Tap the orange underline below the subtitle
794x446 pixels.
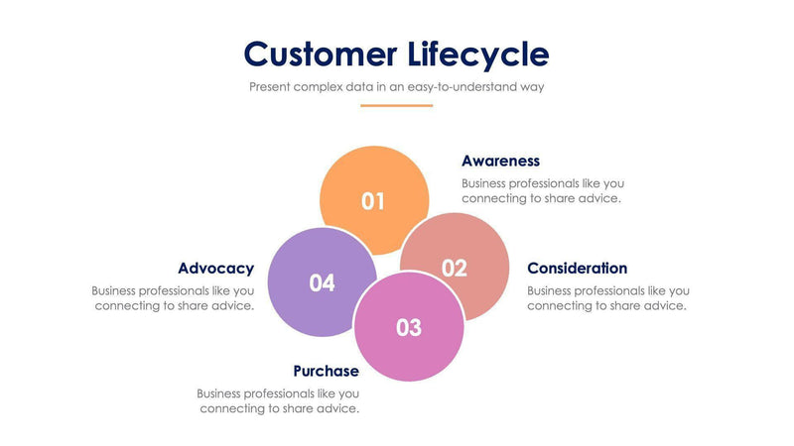click(397, 105)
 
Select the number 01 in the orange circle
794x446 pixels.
click(373, 201)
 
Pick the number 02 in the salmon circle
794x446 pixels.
click(455, 268)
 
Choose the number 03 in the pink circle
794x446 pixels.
click(409, 327)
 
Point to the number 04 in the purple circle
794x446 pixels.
click(322, 283)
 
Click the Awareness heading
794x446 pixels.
click(500, 161)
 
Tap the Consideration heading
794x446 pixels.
click(577, 269)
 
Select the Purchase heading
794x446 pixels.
click(326, 371)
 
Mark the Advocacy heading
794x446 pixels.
click(215, 269)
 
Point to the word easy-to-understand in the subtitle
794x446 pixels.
click(469, 86)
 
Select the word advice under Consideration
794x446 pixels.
click(666, 305)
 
